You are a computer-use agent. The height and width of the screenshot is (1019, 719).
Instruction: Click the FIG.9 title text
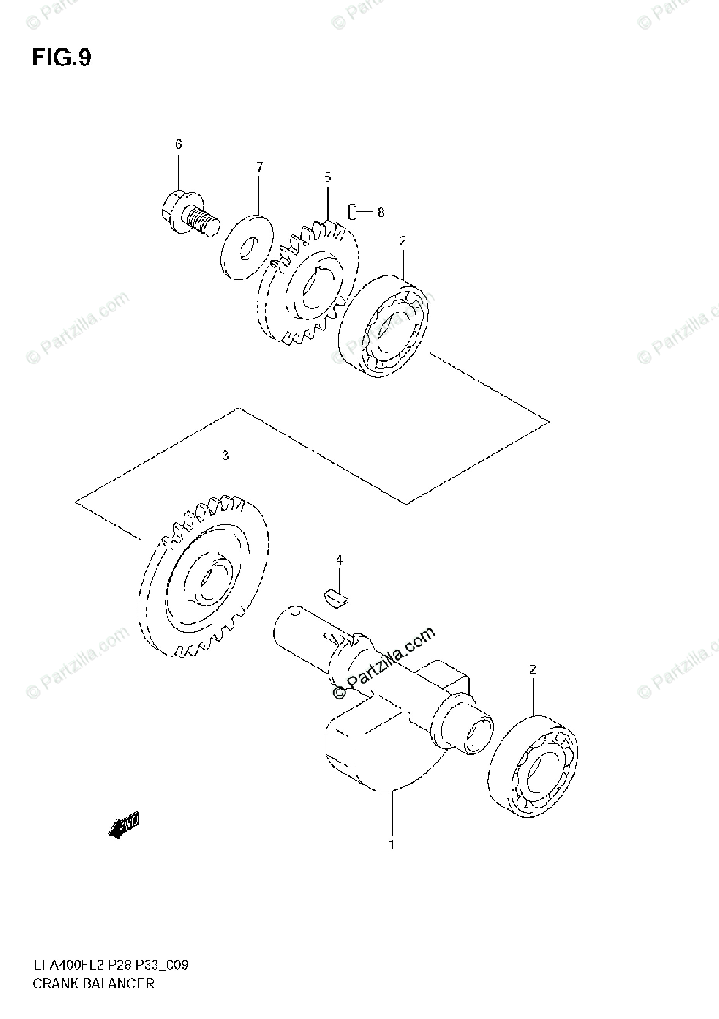(61, 58)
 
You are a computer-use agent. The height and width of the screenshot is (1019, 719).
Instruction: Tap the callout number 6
(178, 144)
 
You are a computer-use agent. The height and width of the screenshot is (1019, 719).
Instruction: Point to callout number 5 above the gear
(327, 177)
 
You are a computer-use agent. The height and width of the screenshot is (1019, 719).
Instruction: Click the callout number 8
(380, 211)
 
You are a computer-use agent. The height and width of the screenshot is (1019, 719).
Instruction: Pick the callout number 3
(224, 456)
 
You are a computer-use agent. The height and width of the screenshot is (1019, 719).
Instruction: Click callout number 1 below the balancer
(392, 844)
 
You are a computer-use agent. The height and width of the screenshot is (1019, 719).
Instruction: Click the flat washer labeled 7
(246, 246)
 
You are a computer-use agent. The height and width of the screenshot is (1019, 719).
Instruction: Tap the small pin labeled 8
(354, 211)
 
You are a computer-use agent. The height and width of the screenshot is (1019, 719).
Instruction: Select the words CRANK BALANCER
(93, 984)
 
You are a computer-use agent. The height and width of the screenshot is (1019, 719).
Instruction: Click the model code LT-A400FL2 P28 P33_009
(110, 966)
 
